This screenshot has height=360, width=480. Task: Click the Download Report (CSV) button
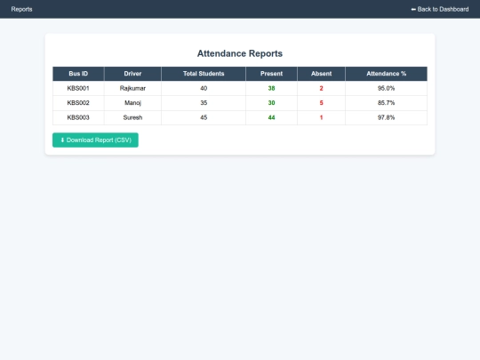pos(95,140)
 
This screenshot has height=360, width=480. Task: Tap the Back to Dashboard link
pos(439,9)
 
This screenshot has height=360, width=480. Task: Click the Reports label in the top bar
pos(22,9)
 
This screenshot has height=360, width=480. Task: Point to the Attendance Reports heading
pos(240,53)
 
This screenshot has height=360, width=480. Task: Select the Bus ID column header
pos(78,74)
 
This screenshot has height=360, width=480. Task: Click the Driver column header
pos(132,74)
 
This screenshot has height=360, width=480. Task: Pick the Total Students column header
pos(204,74)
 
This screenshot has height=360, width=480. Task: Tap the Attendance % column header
pos(386,74)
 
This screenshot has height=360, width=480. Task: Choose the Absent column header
pos(321,74)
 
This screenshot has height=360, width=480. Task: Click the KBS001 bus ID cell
pos(78,89)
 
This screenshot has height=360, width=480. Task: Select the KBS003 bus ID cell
pos(78,117)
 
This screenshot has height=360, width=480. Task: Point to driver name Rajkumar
pos(132,89)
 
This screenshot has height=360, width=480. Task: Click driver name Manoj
pos(132,103)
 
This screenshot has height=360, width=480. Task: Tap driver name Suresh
pos(132,117)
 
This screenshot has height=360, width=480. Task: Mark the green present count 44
pos(271,117)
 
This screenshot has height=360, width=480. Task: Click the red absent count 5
pos(321,103)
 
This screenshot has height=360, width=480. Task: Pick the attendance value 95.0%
pos(386,89)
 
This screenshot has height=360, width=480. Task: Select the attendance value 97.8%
pos(386,117)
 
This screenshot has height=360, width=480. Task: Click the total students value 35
pos(204,103)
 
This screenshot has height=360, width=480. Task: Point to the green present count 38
pos(271,89)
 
